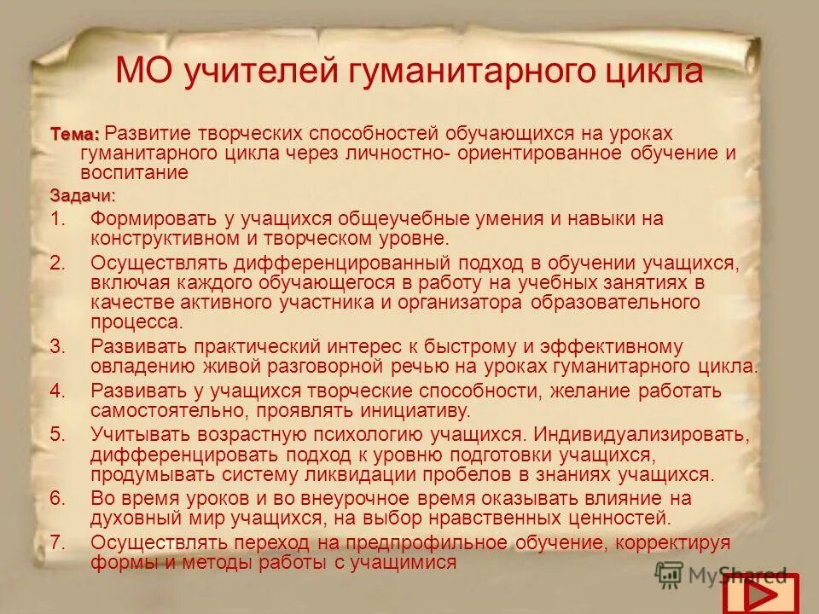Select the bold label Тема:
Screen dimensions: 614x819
point(75,134)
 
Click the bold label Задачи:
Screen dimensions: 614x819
point(81,195)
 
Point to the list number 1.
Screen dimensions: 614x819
point(57,218)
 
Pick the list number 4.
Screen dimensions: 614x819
point(57,391)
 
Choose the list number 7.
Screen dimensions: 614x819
point(57,543)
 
